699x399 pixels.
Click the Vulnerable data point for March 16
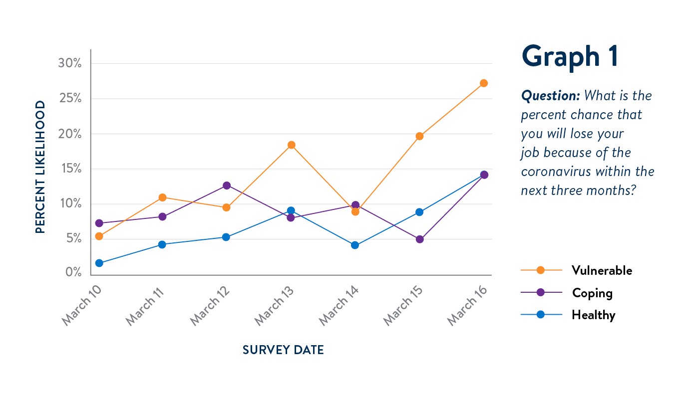click(x=484, y=83)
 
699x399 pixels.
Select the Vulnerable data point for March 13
click(x=292, y=145)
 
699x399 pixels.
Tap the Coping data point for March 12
click(x=227, y=186)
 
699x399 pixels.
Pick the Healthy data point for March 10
click(x=99, y=263)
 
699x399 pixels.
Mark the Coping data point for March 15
click(x=420, y=239)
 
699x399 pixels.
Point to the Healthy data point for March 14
click(x=355, y=245)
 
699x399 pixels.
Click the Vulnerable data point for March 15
click(x=420, y=136)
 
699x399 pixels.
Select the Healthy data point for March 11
click(x=162, y=244)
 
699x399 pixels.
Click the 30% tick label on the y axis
click(x=70, y=63)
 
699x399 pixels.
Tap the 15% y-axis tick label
click(x=70, y=169)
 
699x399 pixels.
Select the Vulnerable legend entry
click(x=602, y=270)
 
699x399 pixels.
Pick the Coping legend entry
click(x=592, y=293)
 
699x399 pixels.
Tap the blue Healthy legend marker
click(x=540, y=315)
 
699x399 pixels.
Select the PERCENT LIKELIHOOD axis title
click(x=40, y=167)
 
